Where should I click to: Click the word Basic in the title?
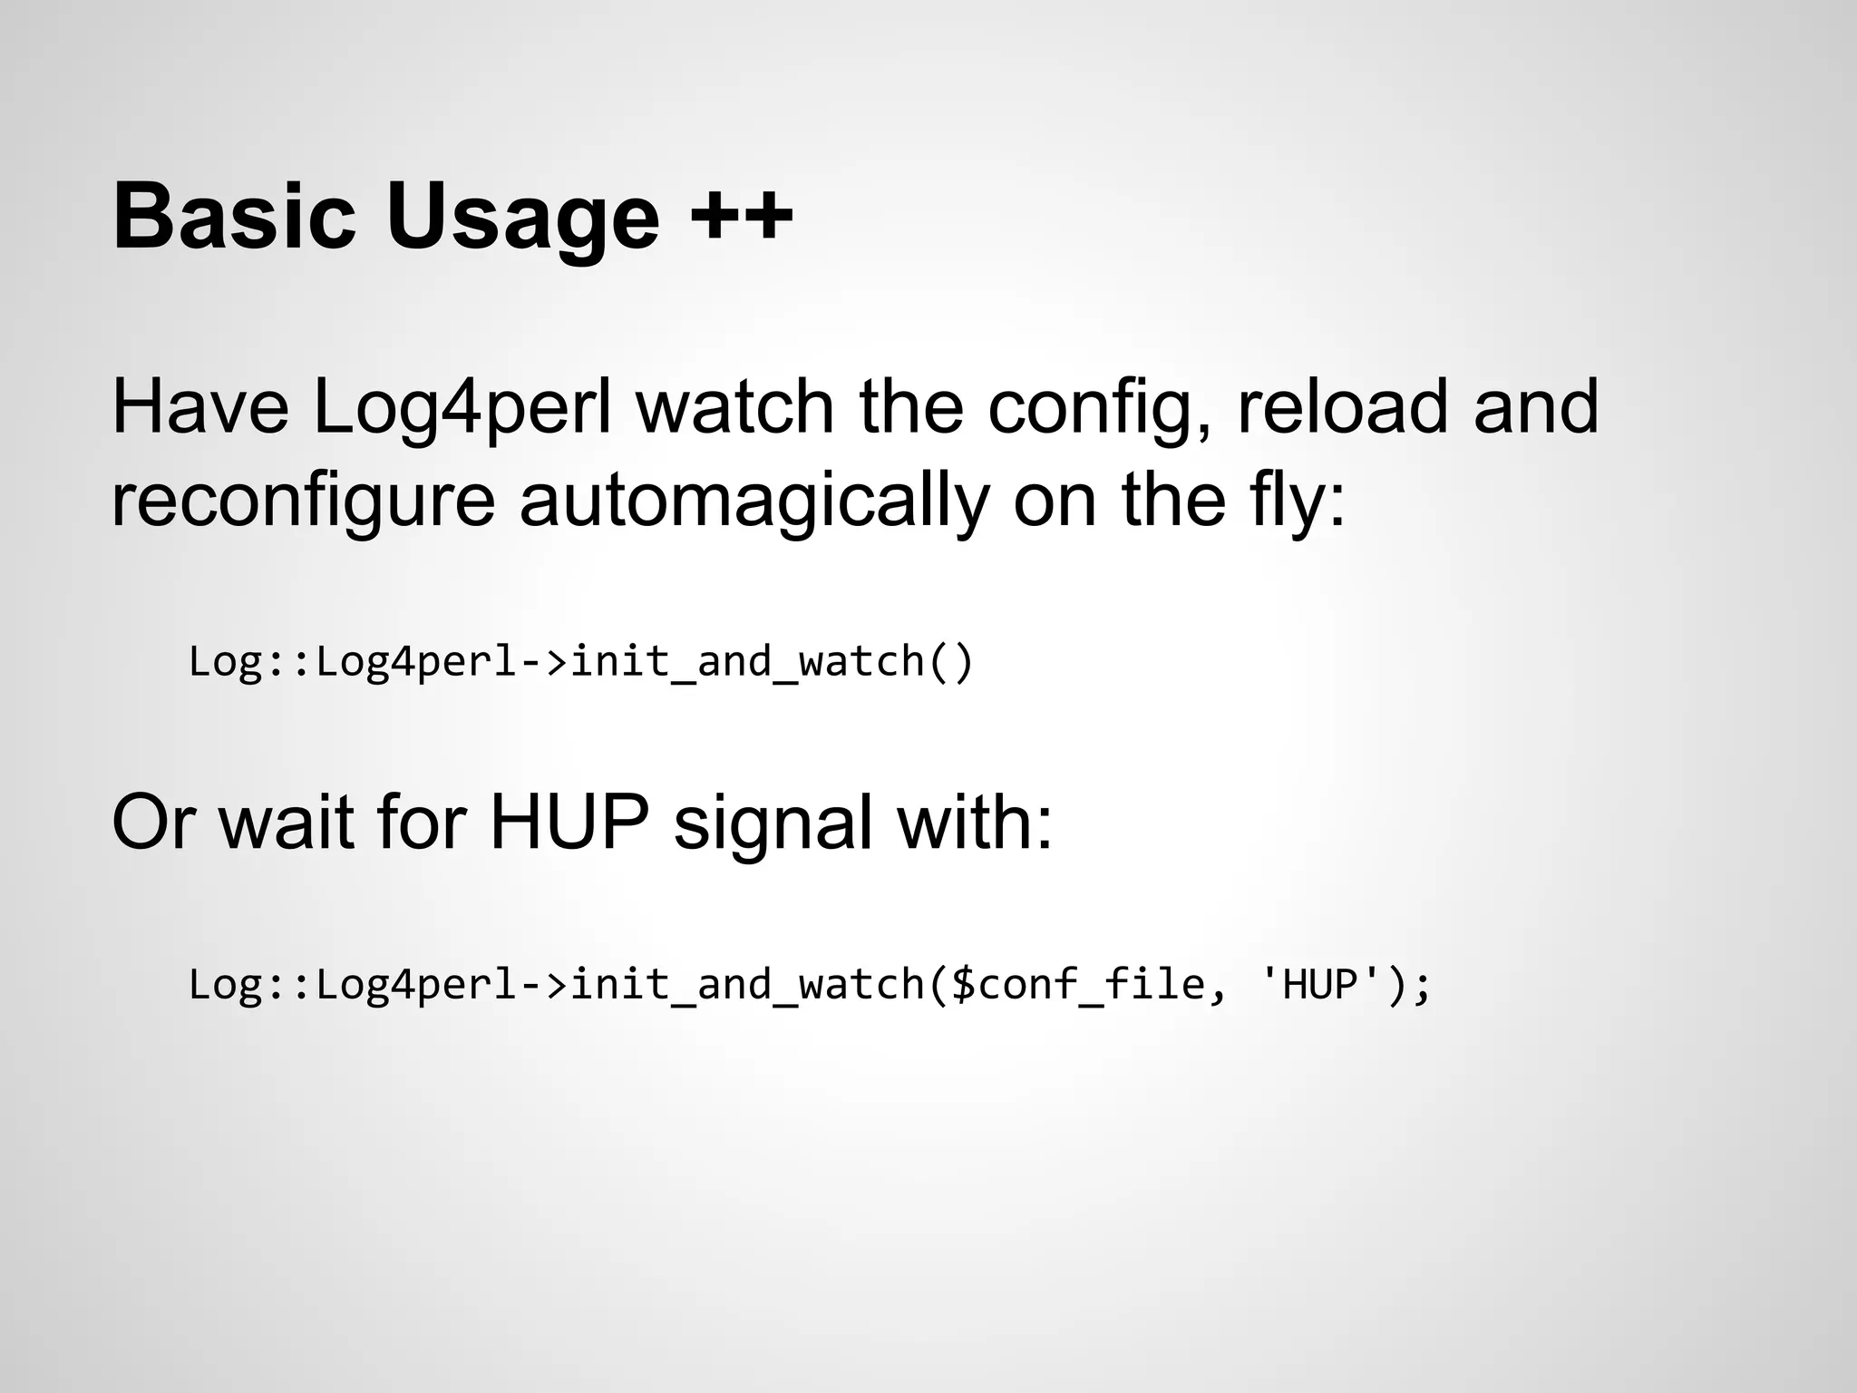234,218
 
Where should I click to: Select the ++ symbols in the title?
741,218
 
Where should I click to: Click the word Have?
200,407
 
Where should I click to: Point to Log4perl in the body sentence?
462,409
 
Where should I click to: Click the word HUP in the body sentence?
569,823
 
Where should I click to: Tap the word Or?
151,823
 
